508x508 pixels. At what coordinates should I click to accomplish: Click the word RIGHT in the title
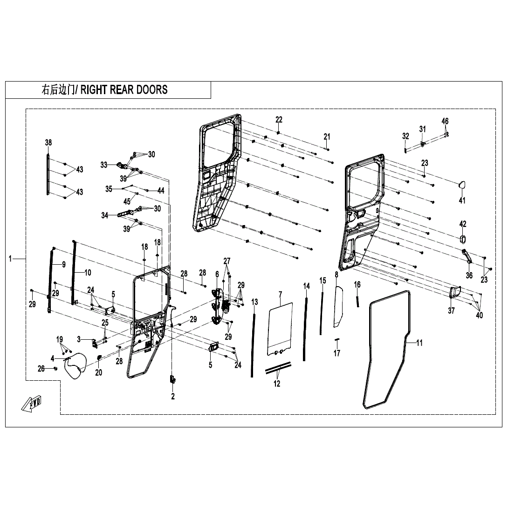[x=94, y=90]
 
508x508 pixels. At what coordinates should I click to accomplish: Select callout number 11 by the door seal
[x=419, y=343]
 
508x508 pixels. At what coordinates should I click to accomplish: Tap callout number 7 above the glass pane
[x=280, y=294]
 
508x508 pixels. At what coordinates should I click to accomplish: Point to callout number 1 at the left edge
[x=10, y=258]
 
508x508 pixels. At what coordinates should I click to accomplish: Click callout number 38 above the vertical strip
[x=48, y=142]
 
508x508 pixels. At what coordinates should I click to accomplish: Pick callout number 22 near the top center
[x=279, y=120]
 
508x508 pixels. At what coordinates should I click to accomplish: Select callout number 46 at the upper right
[x=445, y=121]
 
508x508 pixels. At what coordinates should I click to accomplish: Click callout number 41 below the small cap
[x=462, y=201]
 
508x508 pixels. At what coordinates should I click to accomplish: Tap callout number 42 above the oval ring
[x=463, y=224]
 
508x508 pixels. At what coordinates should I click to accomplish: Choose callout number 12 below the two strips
[x=277, y=384]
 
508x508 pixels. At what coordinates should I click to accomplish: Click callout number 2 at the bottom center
[x=173, y=397]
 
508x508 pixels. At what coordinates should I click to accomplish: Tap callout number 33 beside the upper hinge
[x=104, y=165]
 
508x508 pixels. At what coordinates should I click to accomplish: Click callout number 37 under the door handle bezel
[x=451, y=311]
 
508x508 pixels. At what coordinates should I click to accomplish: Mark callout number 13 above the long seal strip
[x=254, y=302]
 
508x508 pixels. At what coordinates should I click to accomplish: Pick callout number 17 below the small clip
[x=337, y=353]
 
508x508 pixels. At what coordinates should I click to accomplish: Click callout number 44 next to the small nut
[x=161, y=191]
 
